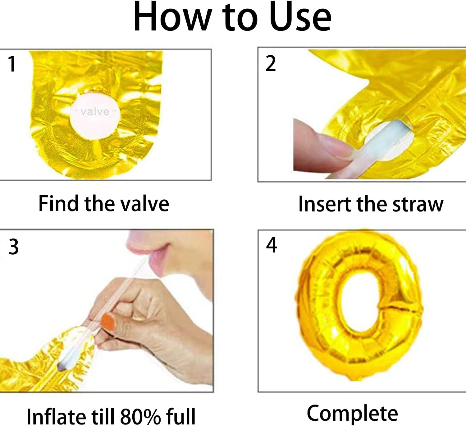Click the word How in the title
pos(172,17)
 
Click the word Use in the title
pos(300,17)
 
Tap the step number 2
pos(270,63)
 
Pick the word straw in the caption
pos(418,204)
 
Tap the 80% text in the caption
pos(140,416)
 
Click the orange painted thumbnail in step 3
pos(109,321)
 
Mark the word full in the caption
pos(181,416)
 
